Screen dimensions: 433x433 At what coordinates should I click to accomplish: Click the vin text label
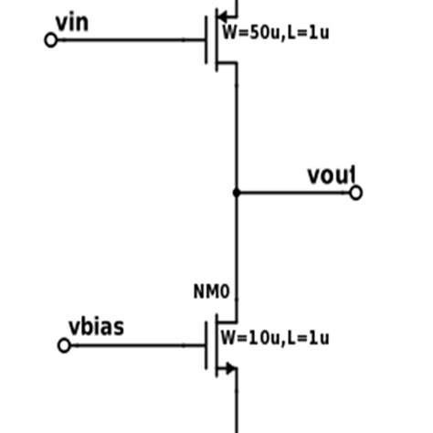72,21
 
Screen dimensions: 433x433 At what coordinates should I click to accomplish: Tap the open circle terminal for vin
51,39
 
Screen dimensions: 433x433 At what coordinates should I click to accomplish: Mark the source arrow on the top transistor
222,16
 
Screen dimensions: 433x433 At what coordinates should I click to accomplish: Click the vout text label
331,175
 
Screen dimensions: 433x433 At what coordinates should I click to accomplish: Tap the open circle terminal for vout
356,193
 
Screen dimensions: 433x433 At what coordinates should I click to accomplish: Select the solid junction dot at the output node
237,193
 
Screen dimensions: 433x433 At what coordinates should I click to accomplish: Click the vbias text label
97,327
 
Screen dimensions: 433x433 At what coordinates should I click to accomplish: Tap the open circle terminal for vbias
64,345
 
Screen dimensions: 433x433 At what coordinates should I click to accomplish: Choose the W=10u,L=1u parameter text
275,337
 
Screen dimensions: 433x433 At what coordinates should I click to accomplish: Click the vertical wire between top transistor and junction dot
237,128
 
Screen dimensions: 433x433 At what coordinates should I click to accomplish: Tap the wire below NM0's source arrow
237,407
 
